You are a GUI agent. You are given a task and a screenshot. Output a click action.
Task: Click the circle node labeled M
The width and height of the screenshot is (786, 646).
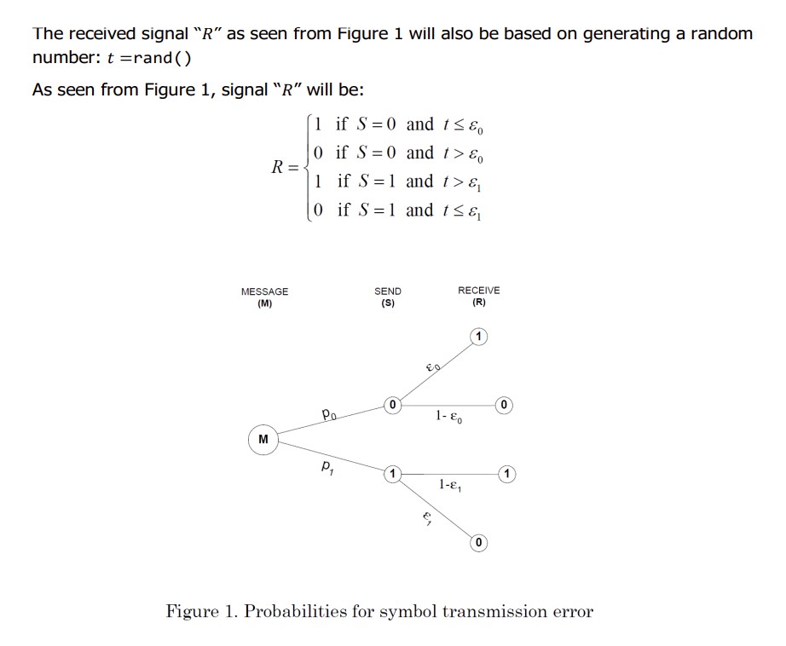[263, 440]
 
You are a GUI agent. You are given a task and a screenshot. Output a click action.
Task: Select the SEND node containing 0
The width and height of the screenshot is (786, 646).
[392, 404]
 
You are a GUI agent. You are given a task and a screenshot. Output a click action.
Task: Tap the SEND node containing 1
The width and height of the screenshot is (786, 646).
[392, 472]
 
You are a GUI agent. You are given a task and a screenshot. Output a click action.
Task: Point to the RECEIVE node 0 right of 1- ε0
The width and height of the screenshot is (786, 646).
[505, 403]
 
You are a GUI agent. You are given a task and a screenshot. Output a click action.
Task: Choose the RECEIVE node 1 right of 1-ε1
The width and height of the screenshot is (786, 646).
[508, 472]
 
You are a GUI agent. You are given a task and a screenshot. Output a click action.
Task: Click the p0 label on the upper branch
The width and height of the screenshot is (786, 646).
[331, 415]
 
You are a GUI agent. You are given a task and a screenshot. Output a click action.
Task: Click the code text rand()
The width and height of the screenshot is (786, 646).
[161, 58]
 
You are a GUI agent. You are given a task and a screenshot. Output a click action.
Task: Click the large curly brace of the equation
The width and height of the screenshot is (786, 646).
[305, 166]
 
